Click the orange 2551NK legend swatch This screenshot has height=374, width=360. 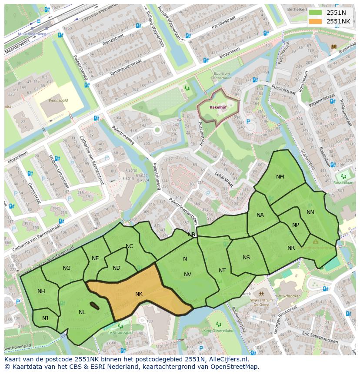click(x=316, y=21)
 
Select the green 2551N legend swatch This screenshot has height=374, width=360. click(x=316, y=13)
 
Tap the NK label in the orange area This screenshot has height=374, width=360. click(x=139, y=294)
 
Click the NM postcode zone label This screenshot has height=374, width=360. click(x=280, y=177)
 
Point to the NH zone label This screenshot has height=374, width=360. click(x=41, y=291)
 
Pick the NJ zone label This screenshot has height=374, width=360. click(x=45, y=318)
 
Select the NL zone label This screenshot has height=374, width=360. click(x=82, y=312)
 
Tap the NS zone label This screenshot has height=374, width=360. click(x=246, y=258)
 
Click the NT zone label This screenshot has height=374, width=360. click(x=222, y=271)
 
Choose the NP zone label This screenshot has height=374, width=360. click(x=296, y=225)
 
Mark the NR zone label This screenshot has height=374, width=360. click(x=291, y=248)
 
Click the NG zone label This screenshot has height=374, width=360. click(x=67, y=268)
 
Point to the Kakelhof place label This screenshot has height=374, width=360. click(x=217, y=106)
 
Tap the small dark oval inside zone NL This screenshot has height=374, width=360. click(x=94, y=306)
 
